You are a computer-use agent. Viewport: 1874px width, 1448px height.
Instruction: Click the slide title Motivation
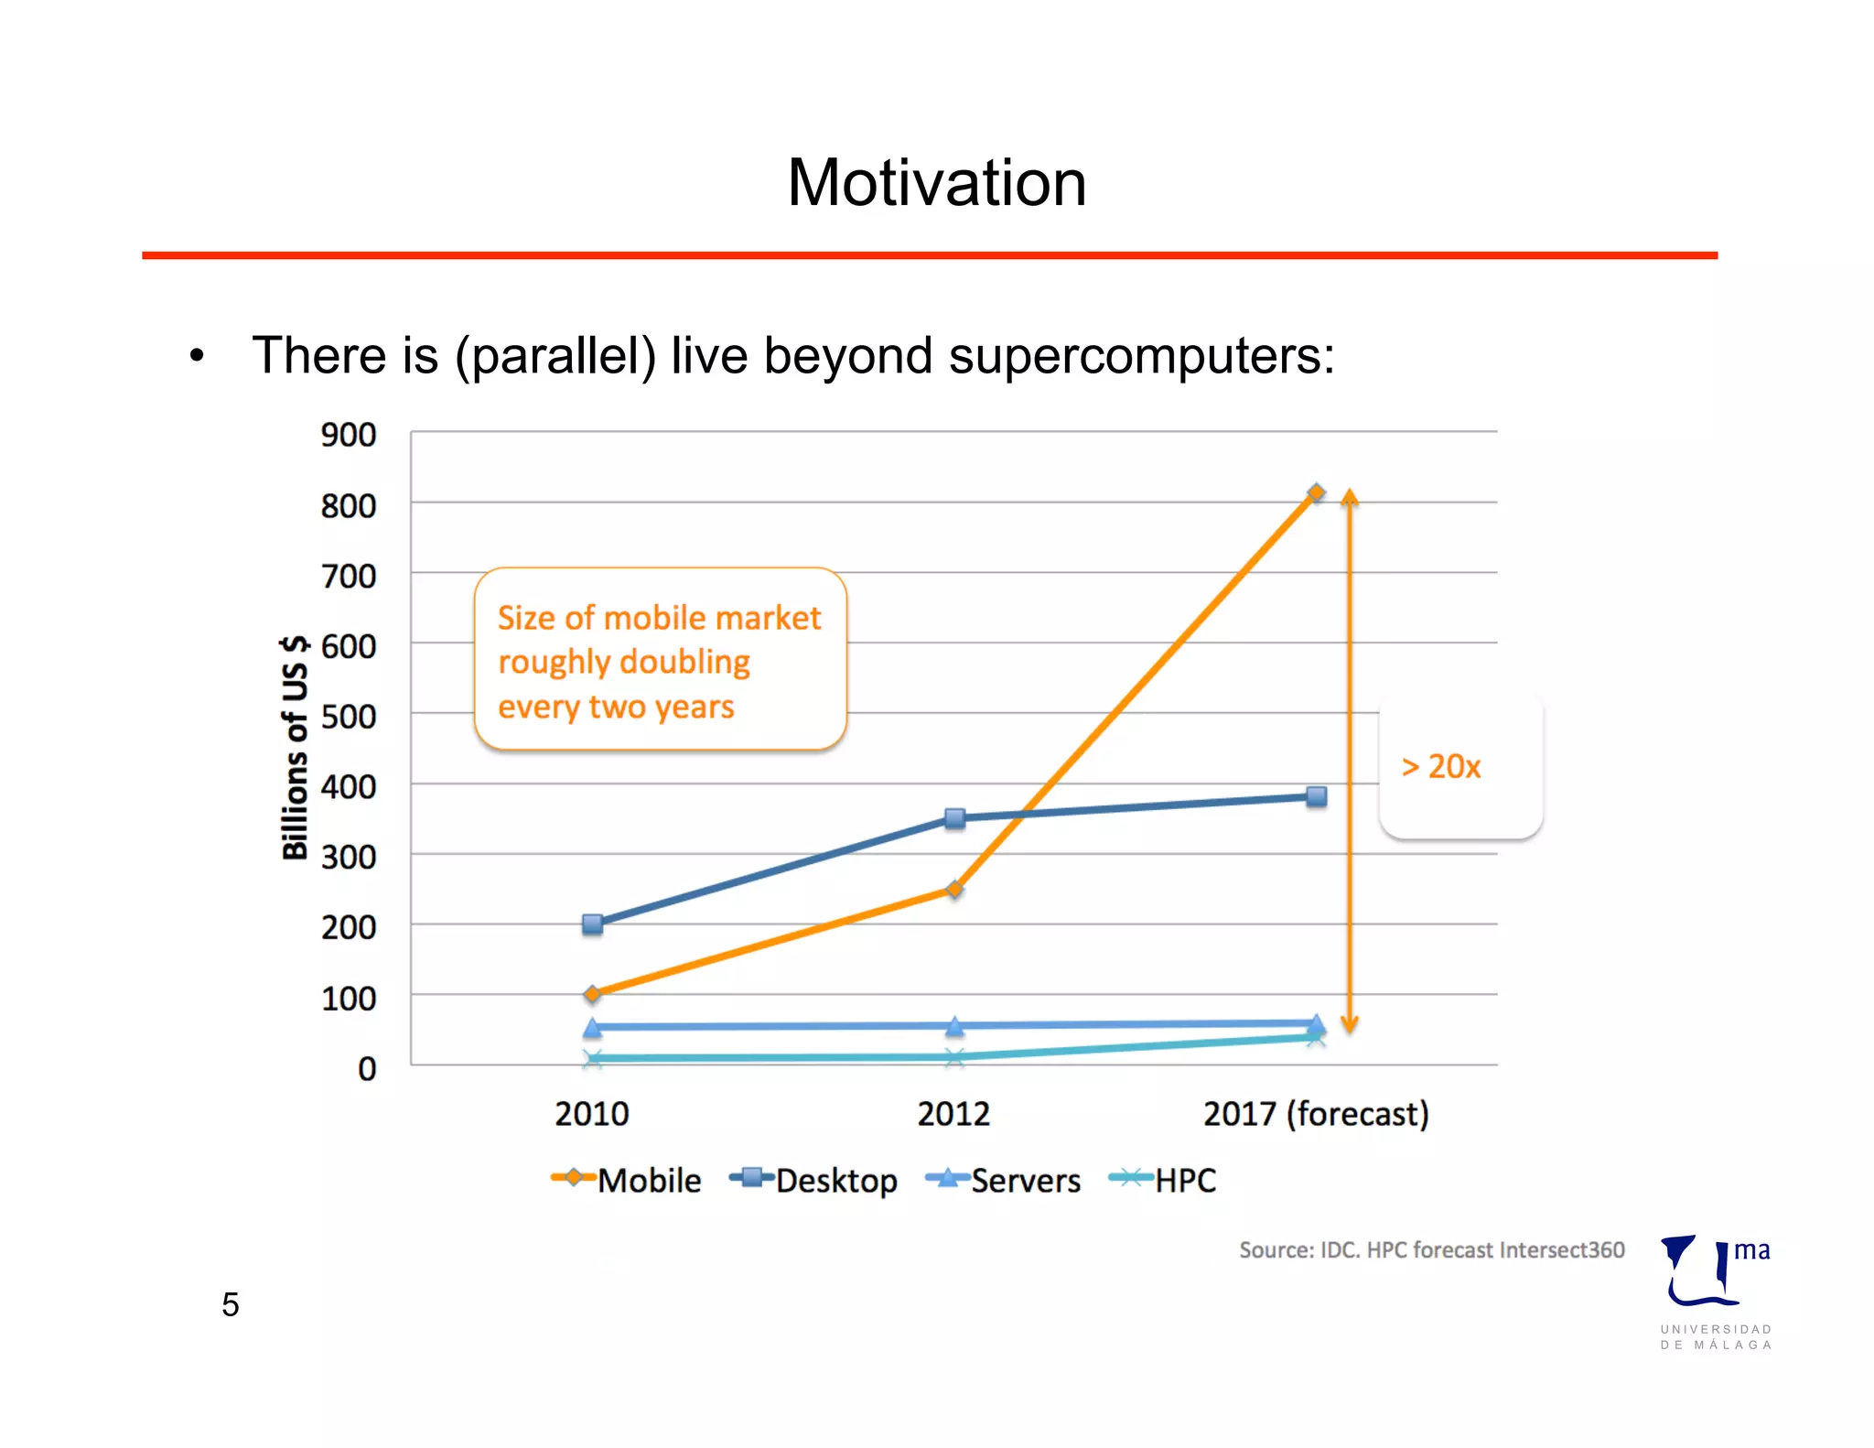click(936, 183)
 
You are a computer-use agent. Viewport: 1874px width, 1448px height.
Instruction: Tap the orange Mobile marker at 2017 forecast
click(1316, 493)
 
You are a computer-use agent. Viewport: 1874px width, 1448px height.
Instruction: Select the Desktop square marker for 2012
click(954, 818)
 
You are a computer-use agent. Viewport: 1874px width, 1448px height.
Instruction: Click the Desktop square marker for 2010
click(593, 924)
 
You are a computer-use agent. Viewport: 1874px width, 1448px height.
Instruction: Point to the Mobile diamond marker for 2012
click(954, 889)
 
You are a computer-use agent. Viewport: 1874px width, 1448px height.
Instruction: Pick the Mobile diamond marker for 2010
click(593, 993)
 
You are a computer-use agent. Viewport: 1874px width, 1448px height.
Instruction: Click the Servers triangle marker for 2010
click(593, 1027)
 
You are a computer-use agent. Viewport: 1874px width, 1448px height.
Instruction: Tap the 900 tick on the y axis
click(349, 435)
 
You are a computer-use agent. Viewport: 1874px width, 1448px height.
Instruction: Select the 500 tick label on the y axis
click(349, 717)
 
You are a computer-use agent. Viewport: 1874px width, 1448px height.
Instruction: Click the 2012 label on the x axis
click(953, 1114)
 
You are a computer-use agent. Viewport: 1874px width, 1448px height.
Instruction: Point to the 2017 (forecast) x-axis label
click(1315, 1114)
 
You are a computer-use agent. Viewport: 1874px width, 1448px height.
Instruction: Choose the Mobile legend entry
click(627, 1180)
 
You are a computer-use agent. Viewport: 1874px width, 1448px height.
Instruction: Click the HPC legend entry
click(1163, 1180)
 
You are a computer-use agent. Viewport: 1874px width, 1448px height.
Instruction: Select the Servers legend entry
click(1004, 1180)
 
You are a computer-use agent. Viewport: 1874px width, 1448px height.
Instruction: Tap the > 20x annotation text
click(1440, 766)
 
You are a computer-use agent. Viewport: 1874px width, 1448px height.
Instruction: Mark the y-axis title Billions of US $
click(295, 747)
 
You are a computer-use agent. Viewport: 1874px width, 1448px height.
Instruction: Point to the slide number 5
click(231, 1304)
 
